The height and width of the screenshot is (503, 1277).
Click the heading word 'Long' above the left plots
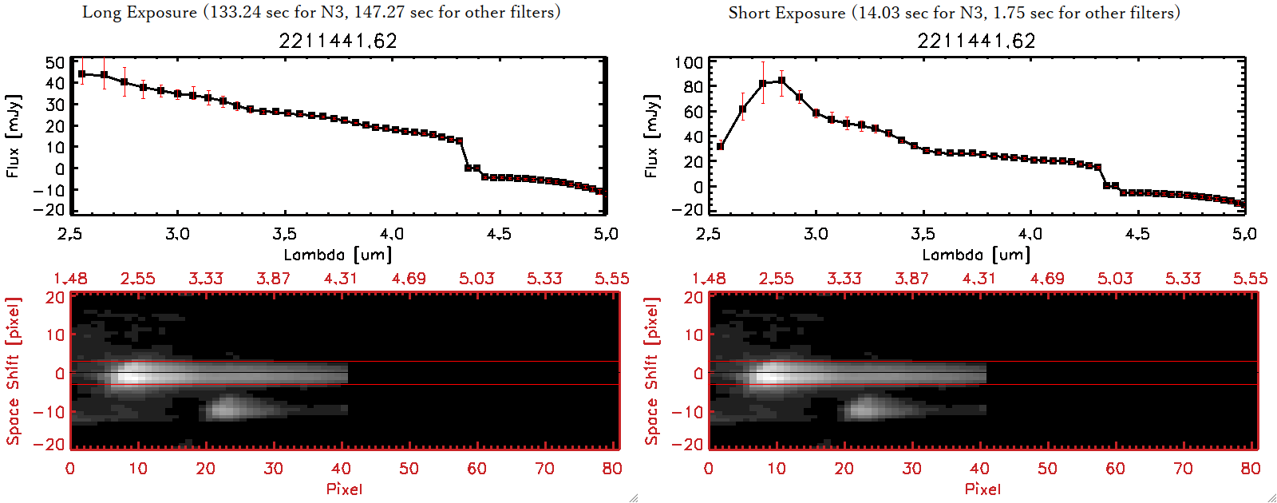click(x=102, y=12)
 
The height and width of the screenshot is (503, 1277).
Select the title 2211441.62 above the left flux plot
click(x=338, y=41)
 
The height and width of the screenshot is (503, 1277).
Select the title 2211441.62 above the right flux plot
click(x=976, y=41)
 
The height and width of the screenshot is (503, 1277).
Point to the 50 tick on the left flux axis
click(x=55, y=62)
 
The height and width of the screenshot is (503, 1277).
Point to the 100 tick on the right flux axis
click(x=689, y=62)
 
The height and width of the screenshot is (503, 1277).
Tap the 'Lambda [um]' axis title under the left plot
click(x=338, y=255)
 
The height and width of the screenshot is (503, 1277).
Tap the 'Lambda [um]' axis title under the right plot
click(x=976, y=255)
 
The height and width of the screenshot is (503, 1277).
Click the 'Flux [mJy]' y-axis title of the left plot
click(x=13, y=137)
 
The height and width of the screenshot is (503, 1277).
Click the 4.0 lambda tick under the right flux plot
click(x=1030, y=234)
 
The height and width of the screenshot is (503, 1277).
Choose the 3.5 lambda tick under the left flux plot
click(x=284, y=234)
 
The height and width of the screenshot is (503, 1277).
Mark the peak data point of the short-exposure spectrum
click(x=781, y=80)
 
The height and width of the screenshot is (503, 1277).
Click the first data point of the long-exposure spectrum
click(x=81, y=74)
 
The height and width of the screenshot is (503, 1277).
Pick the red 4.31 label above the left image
click(x=341, y=279)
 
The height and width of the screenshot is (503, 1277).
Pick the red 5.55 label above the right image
click(x=1250, y=279)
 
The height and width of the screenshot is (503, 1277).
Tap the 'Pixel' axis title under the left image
click(x=344, y=489)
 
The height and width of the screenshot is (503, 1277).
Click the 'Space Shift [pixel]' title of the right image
click(x=651, y=371)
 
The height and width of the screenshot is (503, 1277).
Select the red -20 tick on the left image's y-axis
click(x=55, y=445)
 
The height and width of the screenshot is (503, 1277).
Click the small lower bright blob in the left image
click(x=226, y=410)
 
